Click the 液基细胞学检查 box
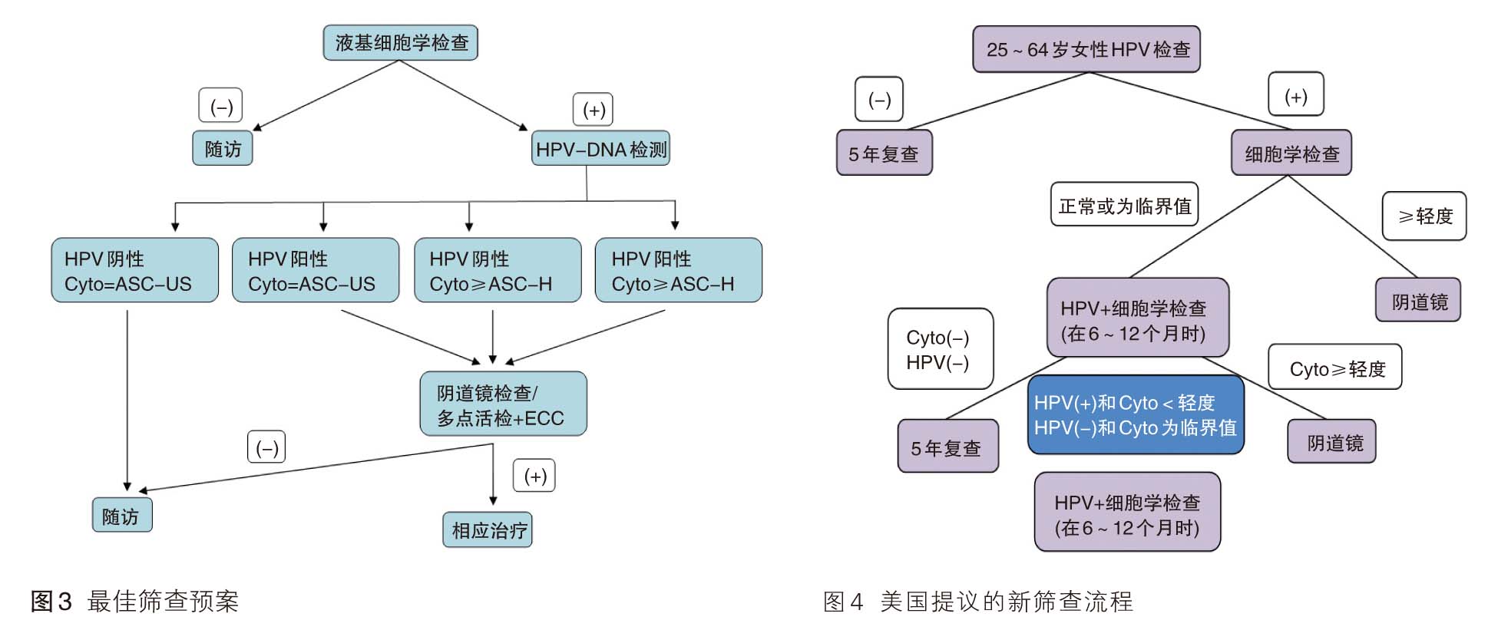(400, 43)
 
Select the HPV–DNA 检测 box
(600, 149)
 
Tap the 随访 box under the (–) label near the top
(222, 148)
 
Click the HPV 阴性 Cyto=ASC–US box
(134, 270)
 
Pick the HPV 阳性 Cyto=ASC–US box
(315, 270)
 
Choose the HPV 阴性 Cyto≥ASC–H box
(497, 270)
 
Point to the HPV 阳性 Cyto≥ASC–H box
(678, 270)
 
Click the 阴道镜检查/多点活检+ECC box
(503, 404)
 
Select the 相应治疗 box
(488, 529)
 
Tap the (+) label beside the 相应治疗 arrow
(534, 476)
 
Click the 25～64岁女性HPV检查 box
(1086, 49)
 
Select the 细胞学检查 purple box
(1291, 153)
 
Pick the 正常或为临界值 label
(1124, 205)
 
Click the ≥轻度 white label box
(1424, 216)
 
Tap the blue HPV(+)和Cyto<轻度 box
(1135, 415)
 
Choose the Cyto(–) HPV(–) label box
(940, 349)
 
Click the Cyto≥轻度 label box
(1334, 368)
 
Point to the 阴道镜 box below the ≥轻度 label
(1417, 300)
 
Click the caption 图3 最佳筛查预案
(135, 600)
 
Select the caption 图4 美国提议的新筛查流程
(977, 600)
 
